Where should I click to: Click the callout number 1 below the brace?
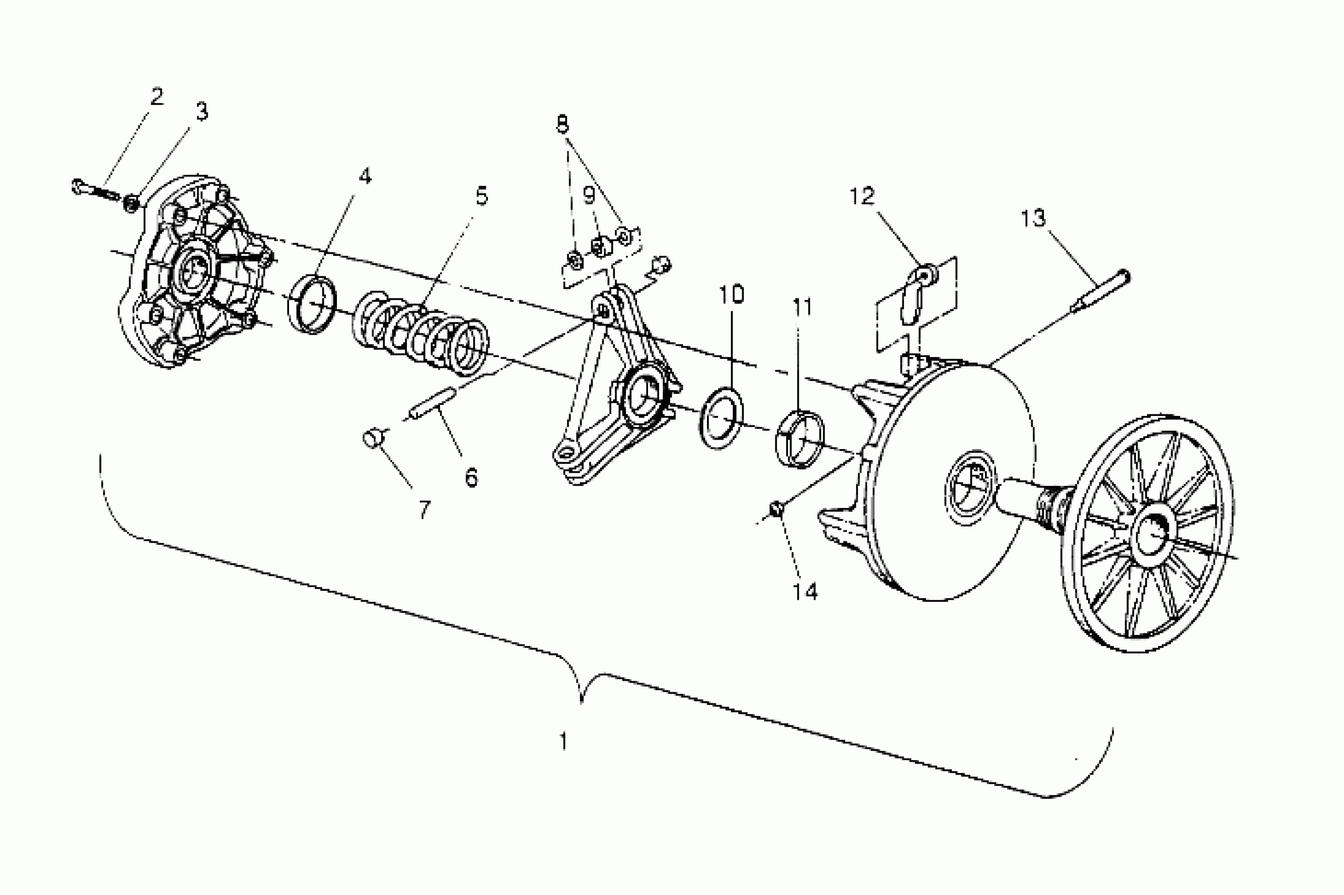563,742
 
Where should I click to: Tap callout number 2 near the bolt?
157,96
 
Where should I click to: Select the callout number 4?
365,176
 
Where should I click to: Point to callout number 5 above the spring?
482,196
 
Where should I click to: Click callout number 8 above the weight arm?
563,124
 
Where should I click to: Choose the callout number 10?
731,294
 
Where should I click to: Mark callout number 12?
862,196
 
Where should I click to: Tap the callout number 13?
1033,218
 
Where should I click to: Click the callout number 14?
805,591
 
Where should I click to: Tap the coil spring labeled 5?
421,332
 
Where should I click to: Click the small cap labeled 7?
374,439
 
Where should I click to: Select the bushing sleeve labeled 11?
800,439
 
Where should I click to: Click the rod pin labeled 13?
1100,292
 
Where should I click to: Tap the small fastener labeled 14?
775,509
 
